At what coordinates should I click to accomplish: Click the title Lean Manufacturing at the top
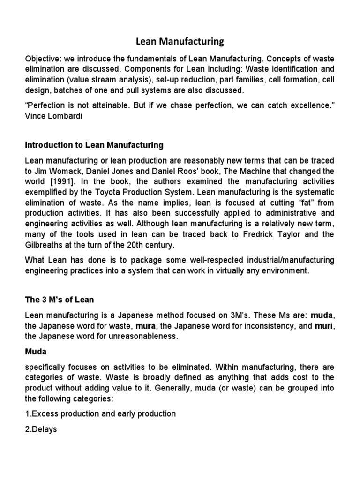(x=180, y=42)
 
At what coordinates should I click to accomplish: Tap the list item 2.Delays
(x=41, y=429)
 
